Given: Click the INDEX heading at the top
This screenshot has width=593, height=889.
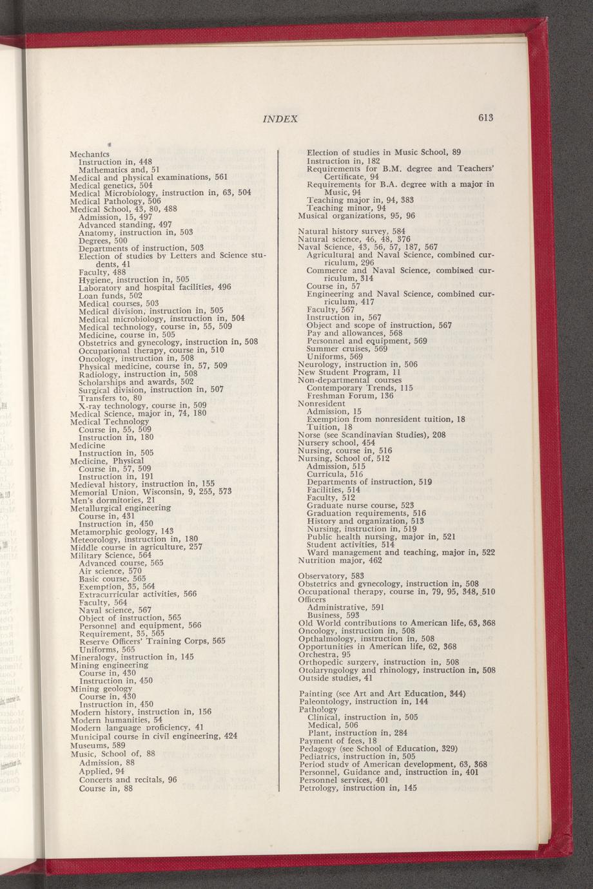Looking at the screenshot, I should [280, 119].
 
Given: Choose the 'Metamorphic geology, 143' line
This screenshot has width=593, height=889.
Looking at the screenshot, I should [122, 531].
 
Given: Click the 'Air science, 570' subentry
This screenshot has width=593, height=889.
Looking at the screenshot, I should [110, 571].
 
